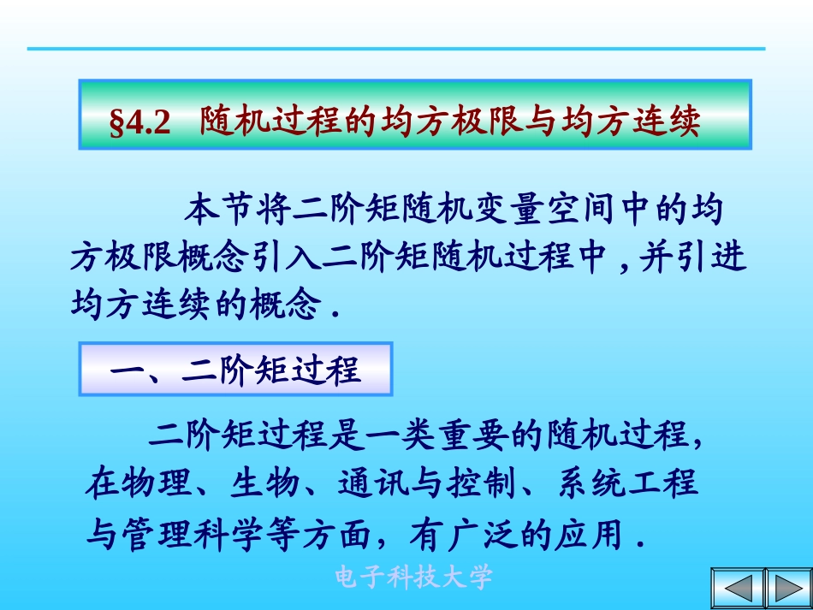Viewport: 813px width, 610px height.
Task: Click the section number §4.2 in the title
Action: point(140,124)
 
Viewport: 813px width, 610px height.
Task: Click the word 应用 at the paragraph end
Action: point(590,536)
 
